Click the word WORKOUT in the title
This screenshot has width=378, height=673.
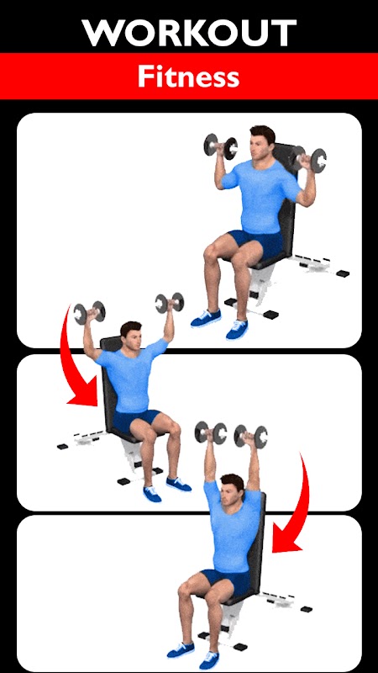click(189, 33)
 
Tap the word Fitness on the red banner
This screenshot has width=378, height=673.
click(188, 77)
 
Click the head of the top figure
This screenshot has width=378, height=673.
click(262, 141)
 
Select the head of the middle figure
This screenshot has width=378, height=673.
click(130, 335)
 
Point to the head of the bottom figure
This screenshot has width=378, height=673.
click(232, 489)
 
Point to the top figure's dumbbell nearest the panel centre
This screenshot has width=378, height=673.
click(220, 146)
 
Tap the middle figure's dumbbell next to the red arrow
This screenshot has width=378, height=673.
click(89, 312)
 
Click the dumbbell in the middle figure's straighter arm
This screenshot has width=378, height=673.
click(170, 303)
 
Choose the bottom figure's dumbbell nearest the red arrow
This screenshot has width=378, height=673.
click(250, 436)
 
